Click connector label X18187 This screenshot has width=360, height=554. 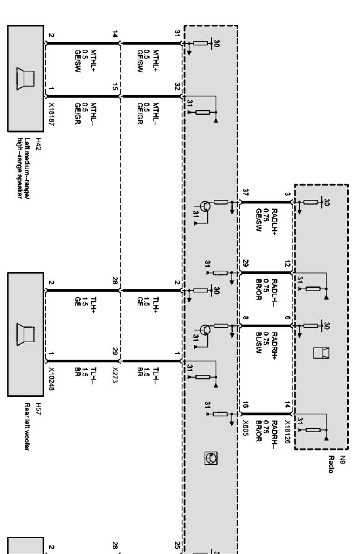(51, 115)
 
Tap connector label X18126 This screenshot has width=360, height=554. (287, 432)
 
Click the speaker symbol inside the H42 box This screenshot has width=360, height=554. (25, 79)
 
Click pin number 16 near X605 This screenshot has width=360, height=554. (246, 405)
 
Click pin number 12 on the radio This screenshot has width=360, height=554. (287, 264)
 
